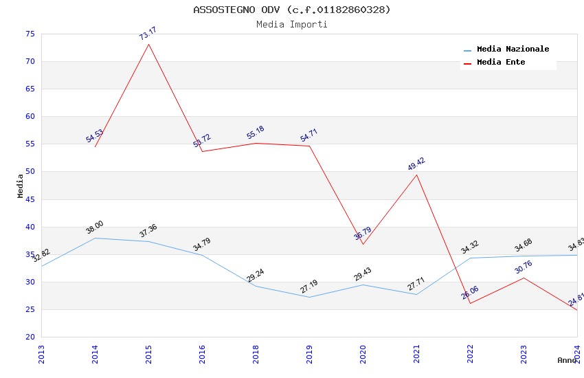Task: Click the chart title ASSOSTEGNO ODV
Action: pyautogui.click(x=291, y=10)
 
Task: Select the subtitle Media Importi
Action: pyautogui.click(x=291, y=25)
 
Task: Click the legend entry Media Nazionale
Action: pyautogui.click(x=513, y=49)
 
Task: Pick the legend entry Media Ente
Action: pyautogui.click(x=501, y=63)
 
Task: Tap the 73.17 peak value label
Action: pyautogui.click(x=148, y=33)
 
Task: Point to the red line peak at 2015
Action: pyautogui.click(x=148, y=44)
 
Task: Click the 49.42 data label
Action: pyautogui.click(x=416, y=164)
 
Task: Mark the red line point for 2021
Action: pyautogui.click(x=416, y=175)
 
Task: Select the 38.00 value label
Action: pyautogui.click(x=95, y=227)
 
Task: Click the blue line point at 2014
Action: pyautogui.click(x=95, y=238)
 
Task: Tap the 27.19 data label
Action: pyautogui.click(x=309, y=287)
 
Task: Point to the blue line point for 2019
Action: pyautogui.click(x=309, y=297)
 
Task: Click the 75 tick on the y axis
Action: pyautogui.click(x=29, y=34)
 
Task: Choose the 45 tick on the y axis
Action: pyautogui.click(x=29, y=199)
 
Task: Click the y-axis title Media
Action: pyautogui.click(x=20, y=186)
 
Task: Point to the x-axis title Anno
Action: pyautogui.click(x=568, y=360)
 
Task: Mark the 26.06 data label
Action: pyautogui.click(x=470, y=293)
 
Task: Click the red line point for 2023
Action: pyautogui.click(x=524, y=278)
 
